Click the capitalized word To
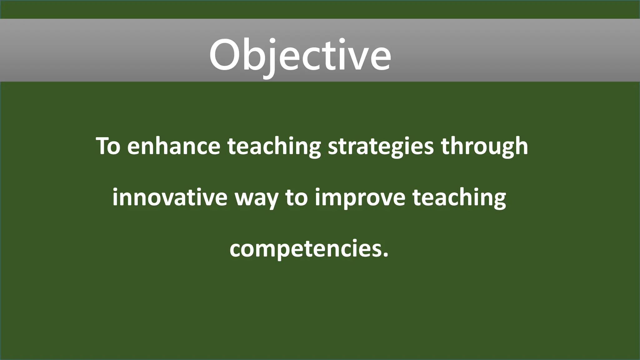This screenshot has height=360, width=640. point(108,146)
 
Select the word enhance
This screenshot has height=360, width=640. point(173,146)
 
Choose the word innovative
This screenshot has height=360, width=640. point(170,198)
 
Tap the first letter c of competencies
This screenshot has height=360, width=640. point(236,249)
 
